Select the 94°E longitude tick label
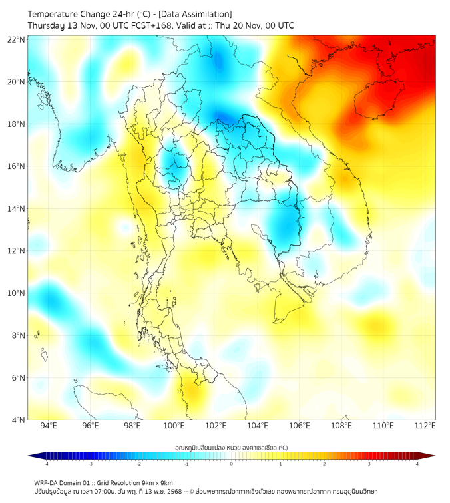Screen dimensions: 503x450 click(49, 426)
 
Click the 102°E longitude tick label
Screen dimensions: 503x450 click(216, 426)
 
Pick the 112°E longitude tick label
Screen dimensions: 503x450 click(425, 426)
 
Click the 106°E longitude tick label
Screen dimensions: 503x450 click(300, 426)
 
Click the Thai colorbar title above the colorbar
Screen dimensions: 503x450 click(231, 447)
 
